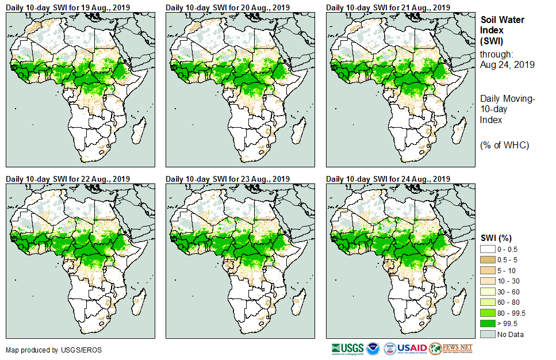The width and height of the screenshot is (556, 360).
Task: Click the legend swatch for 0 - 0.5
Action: tap(488, 250)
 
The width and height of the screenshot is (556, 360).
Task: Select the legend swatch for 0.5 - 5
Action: tap(488, 260)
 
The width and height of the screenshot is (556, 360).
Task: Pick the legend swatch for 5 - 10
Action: tap(488, 271)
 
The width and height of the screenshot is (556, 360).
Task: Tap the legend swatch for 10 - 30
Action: tap(488, 281)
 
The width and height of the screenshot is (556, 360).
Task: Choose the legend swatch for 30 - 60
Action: tap(488, 292)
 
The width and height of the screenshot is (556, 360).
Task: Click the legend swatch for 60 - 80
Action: tap(488, 302)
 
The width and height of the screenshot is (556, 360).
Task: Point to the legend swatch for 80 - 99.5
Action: tap(488, 313)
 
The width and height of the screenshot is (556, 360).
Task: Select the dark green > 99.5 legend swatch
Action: tap(488, 324)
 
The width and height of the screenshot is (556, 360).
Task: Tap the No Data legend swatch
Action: tap(488, 334)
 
